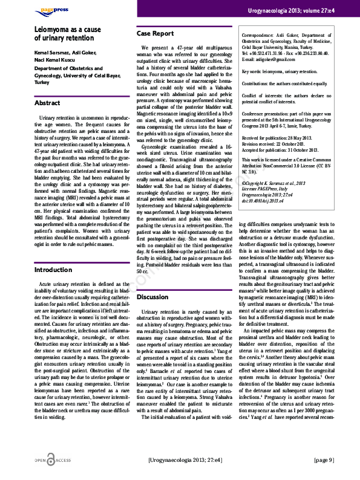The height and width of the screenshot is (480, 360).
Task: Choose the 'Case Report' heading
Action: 154,34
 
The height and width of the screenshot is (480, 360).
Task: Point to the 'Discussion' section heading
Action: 152,297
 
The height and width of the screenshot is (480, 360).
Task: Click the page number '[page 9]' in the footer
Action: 324,460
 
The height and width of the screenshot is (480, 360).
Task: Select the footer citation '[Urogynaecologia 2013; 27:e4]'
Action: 185,460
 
